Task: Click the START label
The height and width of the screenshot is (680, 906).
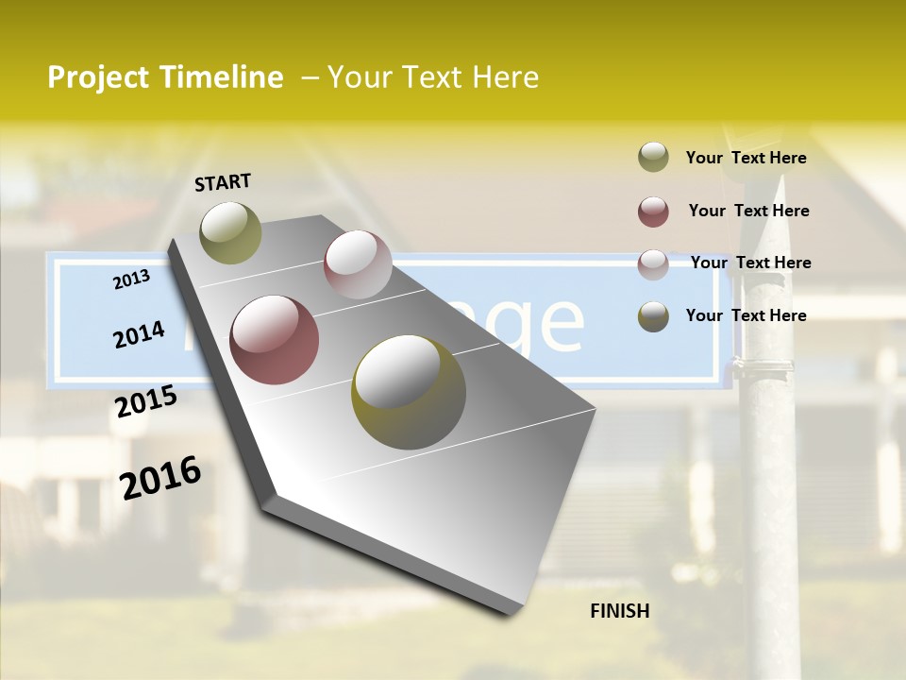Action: pos(223,181)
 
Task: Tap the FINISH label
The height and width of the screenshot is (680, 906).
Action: pos(620,611)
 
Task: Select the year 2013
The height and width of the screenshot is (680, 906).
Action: pos(132,279)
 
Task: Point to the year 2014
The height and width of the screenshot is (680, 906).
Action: pos(139,334)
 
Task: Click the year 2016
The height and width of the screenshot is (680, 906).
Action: pos(160,478)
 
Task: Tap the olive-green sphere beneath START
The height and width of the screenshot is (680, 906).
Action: pos(230,232)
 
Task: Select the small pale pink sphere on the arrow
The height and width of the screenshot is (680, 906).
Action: pos(358,264)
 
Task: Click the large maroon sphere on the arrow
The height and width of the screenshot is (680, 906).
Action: pos(275,340)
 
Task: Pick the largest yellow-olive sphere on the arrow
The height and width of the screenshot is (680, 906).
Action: pos(409,392)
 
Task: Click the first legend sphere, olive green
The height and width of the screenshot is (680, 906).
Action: pos(653,158)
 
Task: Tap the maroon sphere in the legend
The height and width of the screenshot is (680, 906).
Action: pos(653,212)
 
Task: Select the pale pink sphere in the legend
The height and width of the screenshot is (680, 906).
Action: pos(653,264)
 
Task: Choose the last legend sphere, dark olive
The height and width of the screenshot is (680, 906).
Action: pos(653,316)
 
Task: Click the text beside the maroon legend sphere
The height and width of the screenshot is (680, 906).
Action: pos(748,211)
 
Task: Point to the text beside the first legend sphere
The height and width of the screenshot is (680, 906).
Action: pos(746,158)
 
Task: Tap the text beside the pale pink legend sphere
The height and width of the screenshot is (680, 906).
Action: pos(750,263)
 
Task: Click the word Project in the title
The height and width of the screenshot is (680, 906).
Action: pos(99,77)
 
